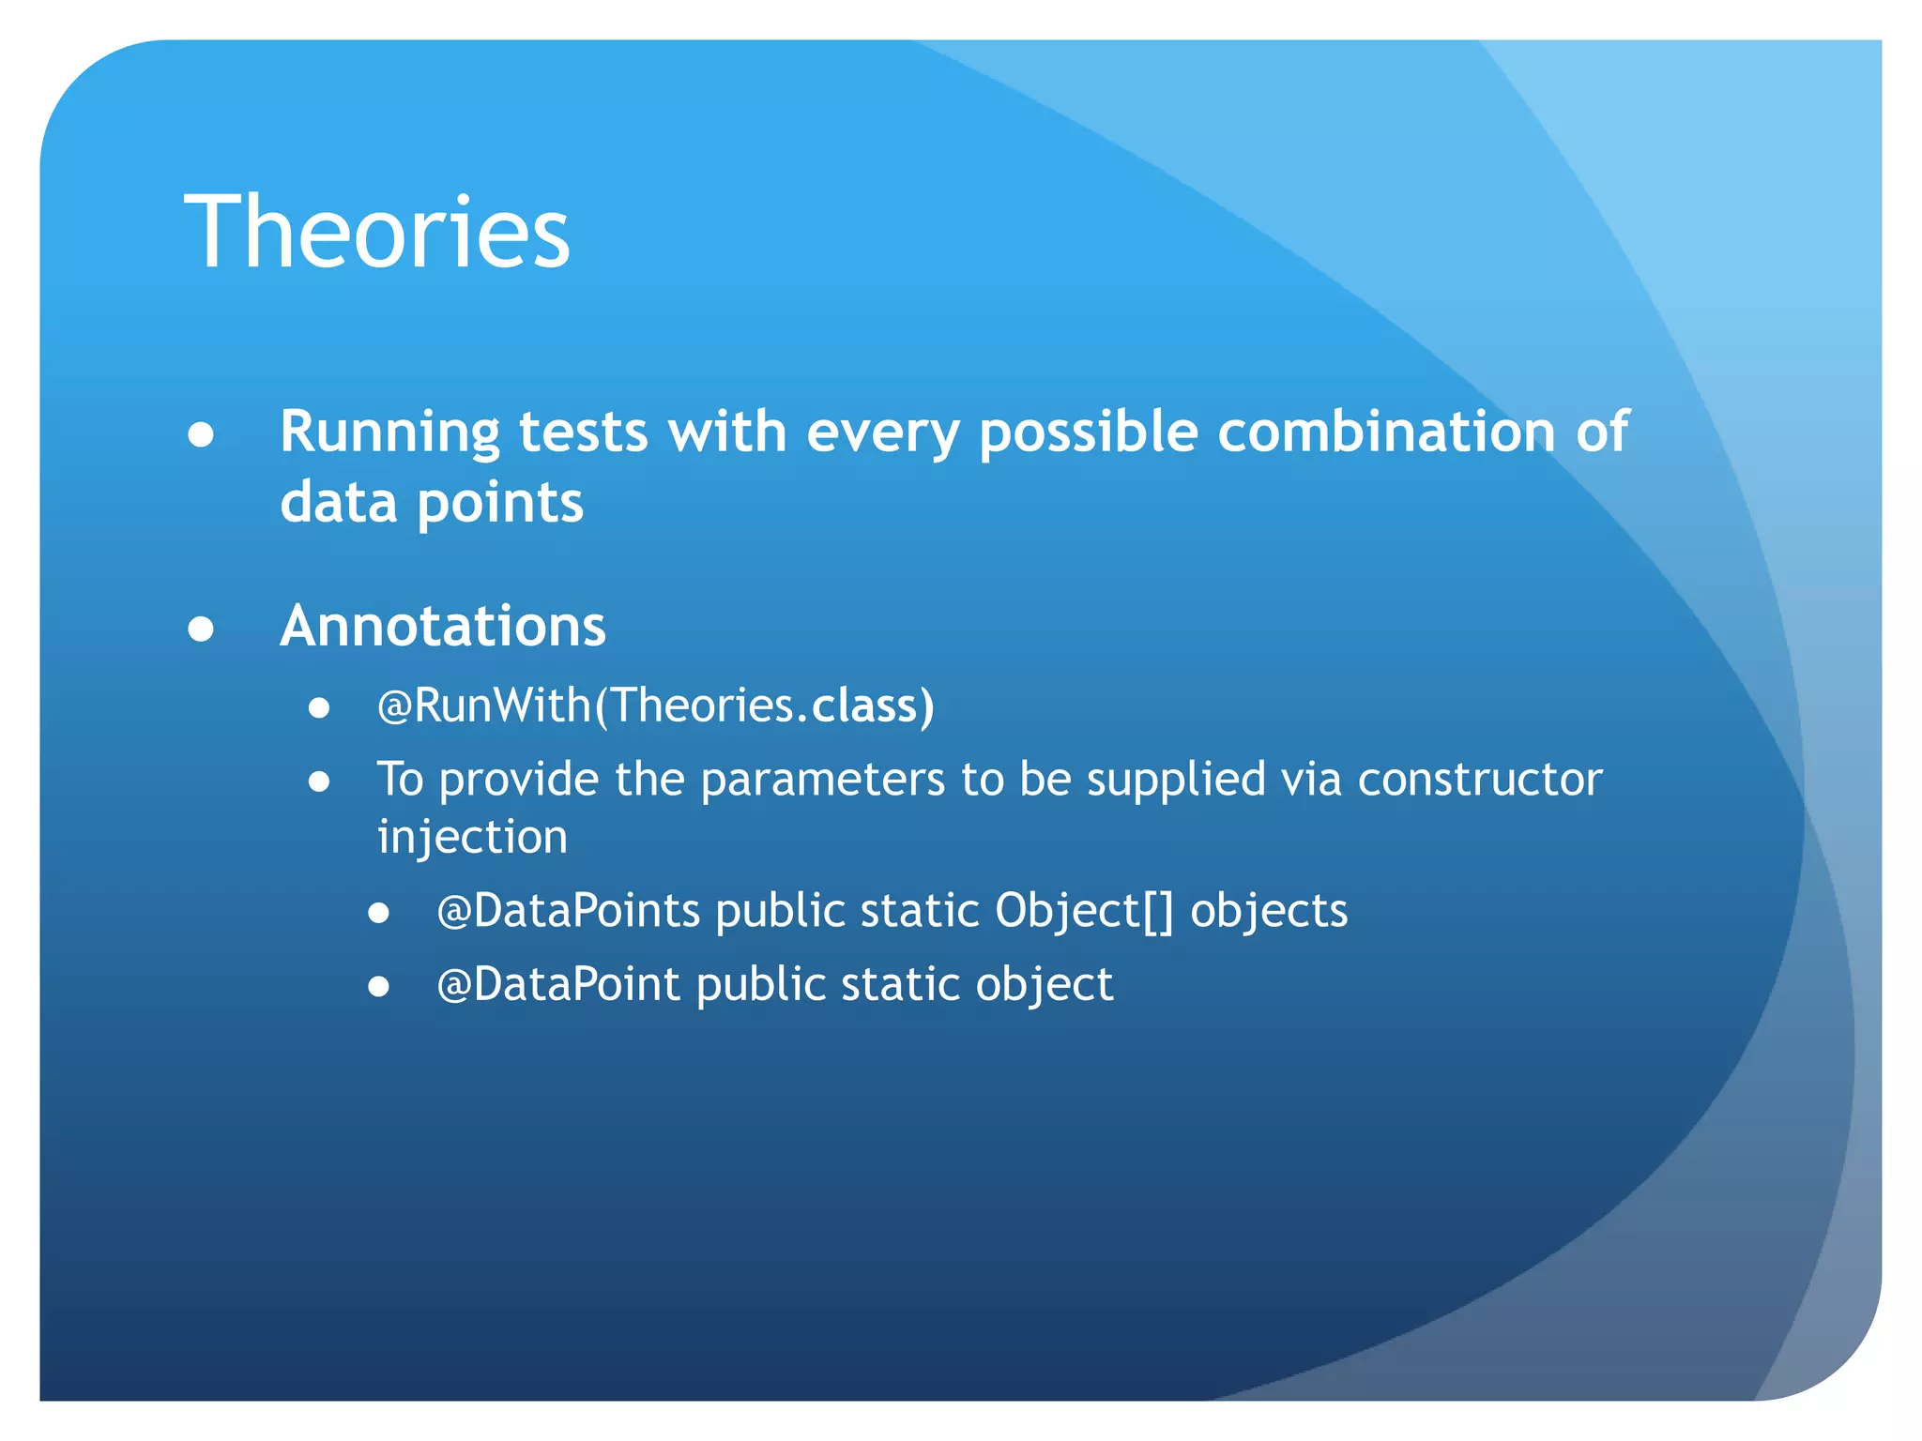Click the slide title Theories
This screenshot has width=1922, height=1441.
point(377,232)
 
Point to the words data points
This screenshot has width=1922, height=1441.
point(432,503)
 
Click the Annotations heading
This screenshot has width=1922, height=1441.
point(443,626)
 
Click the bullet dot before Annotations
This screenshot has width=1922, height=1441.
point(201,629)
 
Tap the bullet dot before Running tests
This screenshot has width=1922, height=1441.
point(201,434)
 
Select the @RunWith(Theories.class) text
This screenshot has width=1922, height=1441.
point(655,705)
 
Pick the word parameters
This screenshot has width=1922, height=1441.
point(822,780)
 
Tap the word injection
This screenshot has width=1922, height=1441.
point(472,837)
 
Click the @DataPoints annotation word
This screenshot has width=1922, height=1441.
point(568,911)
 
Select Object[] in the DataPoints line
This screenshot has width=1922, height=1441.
point(1084,911)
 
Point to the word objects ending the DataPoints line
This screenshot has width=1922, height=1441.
point(1269,911)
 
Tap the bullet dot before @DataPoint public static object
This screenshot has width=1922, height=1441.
point(378,987)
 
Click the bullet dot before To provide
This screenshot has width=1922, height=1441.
point(319,781)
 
